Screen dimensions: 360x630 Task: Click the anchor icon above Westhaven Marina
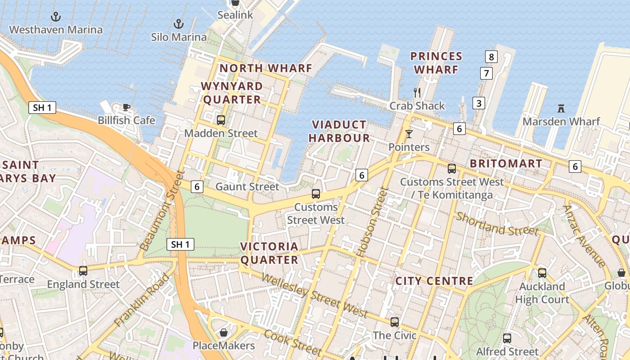pyautogui.click(x=56, y=17)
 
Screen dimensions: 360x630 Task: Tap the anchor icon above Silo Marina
pyautogui.click(x=179, y=24)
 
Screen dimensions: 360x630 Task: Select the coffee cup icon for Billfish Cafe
pyautogui.click(x=126, y=107)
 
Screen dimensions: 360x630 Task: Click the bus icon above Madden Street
pyautogui.click(x=220, y=120)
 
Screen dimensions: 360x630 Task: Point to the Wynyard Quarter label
pyautogui.click(x=232, y=93)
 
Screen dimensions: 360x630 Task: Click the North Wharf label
pyautogui.click(x=265, y=68)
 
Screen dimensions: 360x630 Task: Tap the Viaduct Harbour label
pyautogui.click(x=339, y=131)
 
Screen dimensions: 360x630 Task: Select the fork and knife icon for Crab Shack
pyautogui.click(x=417, y=93)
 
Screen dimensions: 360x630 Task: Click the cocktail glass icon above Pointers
pyautogui.click(x=409, y=134)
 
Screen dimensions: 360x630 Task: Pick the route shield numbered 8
pyautogui.click(x=491, y=57)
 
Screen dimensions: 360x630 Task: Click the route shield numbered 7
pyautogui.click(x=486, y=73)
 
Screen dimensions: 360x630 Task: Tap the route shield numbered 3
pyautogui.click(x=479, y=103)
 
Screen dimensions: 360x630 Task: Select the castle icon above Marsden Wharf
pyautogui.click(x=561, y=108)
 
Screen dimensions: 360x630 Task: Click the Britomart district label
pyautogui.click(x=506, y=163)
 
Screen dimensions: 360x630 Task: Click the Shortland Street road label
pyautogui.click(x=497, y=224)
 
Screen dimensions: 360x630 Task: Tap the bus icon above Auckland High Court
pyautogui.click(x=542, y=273)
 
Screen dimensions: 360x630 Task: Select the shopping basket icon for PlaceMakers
pyautogui.click(x=224, y=333)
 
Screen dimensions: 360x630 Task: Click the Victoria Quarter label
pyautogui.click(x=269, y=253)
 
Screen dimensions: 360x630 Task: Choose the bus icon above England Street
pyautogui.click(x=83, y=271)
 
